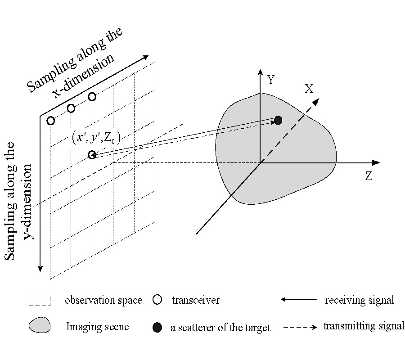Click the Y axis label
pos(271,80)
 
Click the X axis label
pos(309,89)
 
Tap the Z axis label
pos(369,176)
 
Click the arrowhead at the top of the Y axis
pos(260,72)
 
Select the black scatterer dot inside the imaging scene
pos(278,120)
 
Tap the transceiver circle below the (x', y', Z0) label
pos(92,155)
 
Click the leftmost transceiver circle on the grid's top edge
pos(51,121)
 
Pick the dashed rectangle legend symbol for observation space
pos(39,300)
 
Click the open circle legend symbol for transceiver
pos(157,300)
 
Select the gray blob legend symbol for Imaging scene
pos(40,325)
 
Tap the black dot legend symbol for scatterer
pos(157,327)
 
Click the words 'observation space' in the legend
pos(103,300)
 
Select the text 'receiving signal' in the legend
pos(359,300)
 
